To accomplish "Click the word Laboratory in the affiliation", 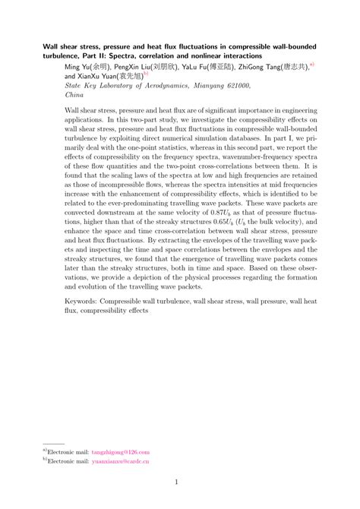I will (x=114, y=87).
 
